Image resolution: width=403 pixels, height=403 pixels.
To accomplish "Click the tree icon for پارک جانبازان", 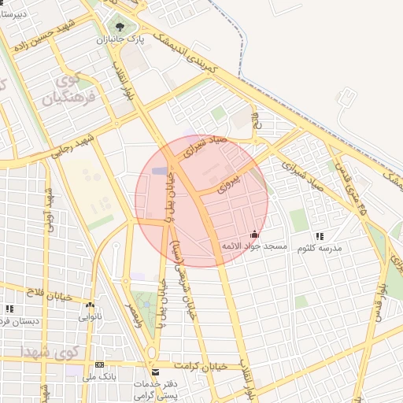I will (x=119, y=27).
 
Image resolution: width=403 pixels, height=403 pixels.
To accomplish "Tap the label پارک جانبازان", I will (x=119, y=39).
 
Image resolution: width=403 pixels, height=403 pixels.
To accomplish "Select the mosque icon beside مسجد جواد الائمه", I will (x=253, y=235).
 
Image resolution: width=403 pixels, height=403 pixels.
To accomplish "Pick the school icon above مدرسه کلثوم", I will (x=319, y=236).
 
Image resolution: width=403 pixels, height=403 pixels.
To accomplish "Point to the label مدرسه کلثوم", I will (x=319, y=247).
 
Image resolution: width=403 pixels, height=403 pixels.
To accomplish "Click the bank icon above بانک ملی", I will (x=99, y=365).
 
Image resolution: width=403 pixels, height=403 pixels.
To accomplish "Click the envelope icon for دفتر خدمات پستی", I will (x=154, y=372).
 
